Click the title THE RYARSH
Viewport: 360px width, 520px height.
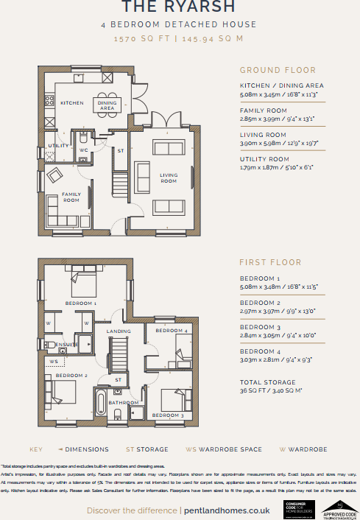tap(179, 7)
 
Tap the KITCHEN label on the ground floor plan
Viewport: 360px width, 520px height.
tap(71, 103)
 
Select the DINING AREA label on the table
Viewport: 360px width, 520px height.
tap(107, 105)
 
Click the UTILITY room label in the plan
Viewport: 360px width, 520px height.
tap(58, 146)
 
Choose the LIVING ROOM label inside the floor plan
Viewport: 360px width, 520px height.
tap(169, 178)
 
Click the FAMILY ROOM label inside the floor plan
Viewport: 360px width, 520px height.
tap(71, 197)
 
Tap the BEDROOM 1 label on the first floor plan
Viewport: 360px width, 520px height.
tap(80, 303)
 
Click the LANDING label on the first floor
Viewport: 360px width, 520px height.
tap(119, 331)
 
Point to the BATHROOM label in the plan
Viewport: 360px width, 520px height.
tap(124, 403)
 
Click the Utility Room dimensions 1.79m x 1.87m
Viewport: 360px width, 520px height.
tap(276, 167)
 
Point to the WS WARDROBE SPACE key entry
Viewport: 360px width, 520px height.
tap(212, 449)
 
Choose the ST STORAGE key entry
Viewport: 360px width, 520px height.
tap(147, 449)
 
